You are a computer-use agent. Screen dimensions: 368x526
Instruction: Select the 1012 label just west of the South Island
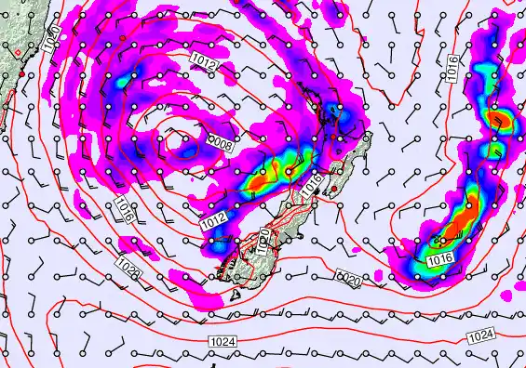(212, 224)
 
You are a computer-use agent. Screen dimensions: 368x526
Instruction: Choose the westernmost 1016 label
(125, 210)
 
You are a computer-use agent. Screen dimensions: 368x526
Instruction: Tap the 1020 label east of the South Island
(351, 278)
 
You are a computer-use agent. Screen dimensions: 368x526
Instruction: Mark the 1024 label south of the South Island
(223, 342)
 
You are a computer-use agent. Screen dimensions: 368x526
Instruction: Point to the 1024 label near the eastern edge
(480, 335)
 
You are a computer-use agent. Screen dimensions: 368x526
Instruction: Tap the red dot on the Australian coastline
(20, 72)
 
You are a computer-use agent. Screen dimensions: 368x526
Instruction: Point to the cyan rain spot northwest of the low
(119, 82)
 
